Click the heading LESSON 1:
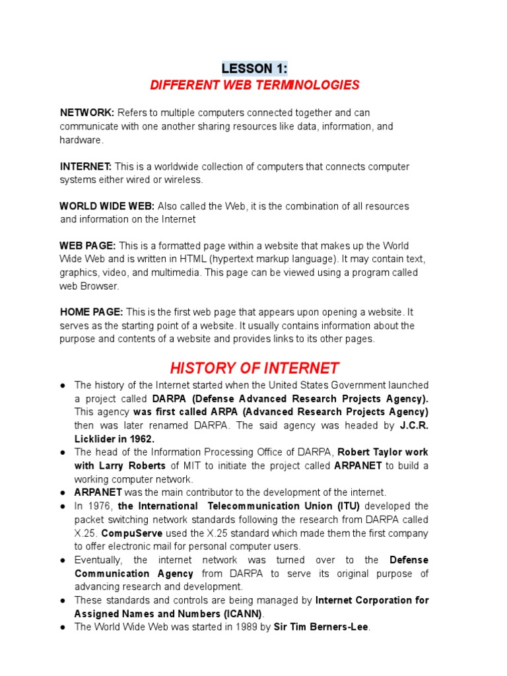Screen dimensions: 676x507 click(x=254, y=69)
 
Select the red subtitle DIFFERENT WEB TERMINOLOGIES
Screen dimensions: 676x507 click(x=254, y=85)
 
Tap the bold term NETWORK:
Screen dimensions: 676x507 click(x=87, y=113)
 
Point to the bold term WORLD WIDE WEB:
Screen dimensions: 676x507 click(x=107, y=206)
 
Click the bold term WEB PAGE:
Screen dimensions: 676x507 click(x=88, y=246)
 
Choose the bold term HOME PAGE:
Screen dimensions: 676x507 click(x=91, y=312)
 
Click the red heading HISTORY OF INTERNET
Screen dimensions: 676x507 click(x=254, y=368)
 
